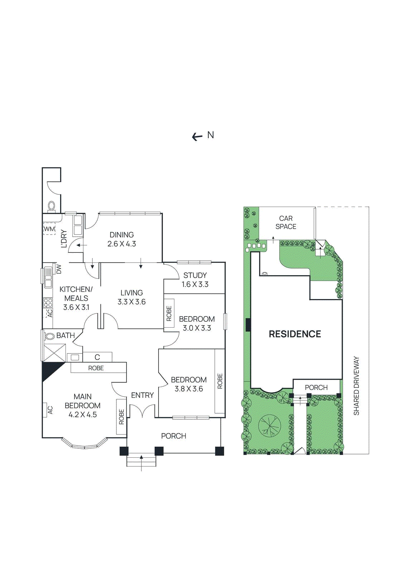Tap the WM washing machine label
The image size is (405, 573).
click(x=49, y=229)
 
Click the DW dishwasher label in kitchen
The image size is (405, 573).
click(x=59, y=269)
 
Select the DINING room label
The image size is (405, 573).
click(x=122, y=235)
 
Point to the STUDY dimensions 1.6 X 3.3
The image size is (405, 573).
click(x=195, y=284)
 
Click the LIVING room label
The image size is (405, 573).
click(x=131, y=293)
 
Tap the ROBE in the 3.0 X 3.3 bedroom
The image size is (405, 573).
click(x=169, y=313)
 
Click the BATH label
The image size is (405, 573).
click(x=66, y=336)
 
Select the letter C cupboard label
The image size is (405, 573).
click(x=97, y=357)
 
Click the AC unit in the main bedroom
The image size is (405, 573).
click(x=50, y=410)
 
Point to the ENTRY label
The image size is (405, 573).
click(x=142, y=395)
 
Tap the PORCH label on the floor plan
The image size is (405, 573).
click(x=173, y=436)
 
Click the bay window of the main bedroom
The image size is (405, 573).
click(x=85, y=445)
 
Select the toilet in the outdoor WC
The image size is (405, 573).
click(x=52, y=206)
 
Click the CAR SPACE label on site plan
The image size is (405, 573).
click(x=286, y=222)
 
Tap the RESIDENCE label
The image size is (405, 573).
click(x=295, y=334)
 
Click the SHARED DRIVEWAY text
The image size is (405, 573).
click(x=356, y=386)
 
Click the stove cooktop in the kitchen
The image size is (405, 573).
click(x=48, y=303)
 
